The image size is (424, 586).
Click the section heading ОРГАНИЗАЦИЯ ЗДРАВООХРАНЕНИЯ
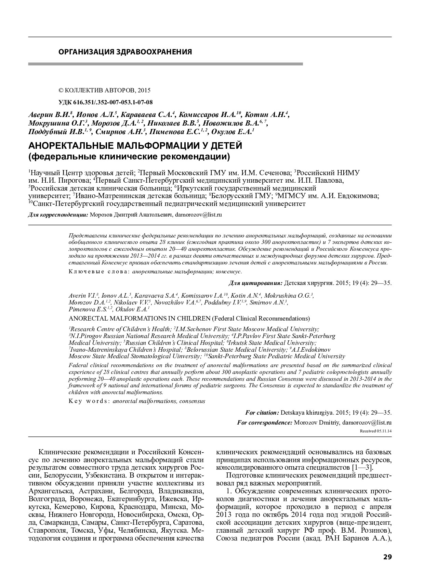tap(125, 52)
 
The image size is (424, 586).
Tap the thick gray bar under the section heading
tap(165, 64)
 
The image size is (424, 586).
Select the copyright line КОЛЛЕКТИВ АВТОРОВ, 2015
tap(105, 90)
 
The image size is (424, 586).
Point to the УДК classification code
tap(106, 102)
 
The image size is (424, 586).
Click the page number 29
tap(387, 557)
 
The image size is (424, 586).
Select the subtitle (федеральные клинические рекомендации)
tap(129, 157)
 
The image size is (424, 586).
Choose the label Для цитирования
tap(255, 283)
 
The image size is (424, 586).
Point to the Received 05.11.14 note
tap(375, 431)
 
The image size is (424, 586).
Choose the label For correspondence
tap(264, 422)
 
